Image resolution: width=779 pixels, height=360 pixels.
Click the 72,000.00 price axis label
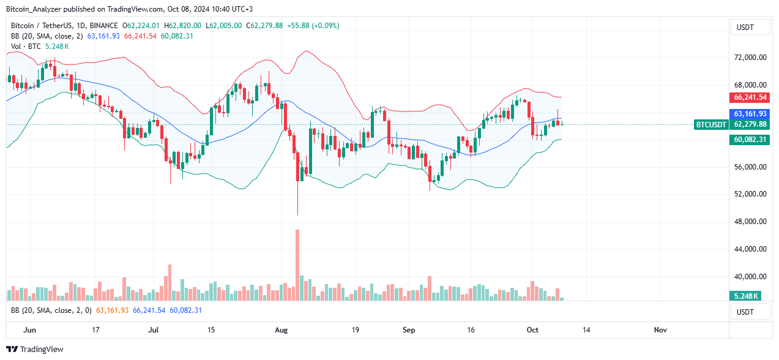pyautogui.click(x=750, y=58)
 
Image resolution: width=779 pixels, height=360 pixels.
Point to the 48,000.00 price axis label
pyautogui.click(x=750, y=222)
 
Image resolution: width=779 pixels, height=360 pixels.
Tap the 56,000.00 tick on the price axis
pyautogui.click(x=750, y=167)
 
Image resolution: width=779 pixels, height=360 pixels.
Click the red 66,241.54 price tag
pyautogui.click(x=750, y=97)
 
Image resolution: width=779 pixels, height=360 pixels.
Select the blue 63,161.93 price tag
pyautogui.click(x=750, y=114)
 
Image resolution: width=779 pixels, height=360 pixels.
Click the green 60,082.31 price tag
pyautogui.click(x=750, y=140)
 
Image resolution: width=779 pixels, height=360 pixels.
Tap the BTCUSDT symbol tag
pyautogui.click(x=711, y=124)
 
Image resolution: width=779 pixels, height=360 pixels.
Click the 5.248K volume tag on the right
pyautogui.click(x=747, y=296)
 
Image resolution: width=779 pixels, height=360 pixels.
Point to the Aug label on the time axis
pyautogui.click(x=281, y=330)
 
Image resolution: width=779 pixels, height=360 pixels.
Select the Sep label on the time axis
pyautogui.click(x=409, y=330)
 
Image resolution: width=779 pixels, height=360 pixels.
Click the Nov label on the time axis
pyautogui.click(x=660, y=330)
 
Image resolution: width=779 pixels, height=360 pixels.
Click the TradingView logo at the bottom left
pyautogui.click(x=37, y=349)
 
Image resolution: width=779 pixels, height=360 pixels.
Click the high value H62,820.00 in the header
pyautogui.click(x=184, y=26)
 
